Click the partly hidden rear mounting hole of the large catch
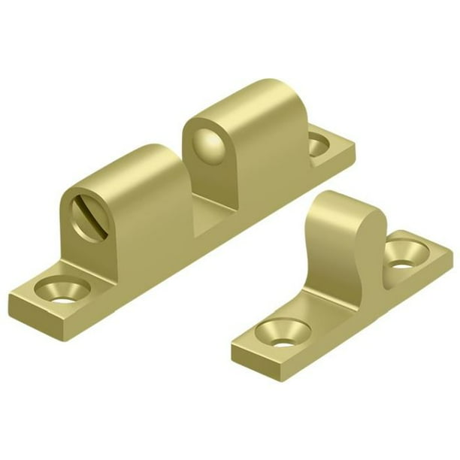[x=320, y=143]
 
